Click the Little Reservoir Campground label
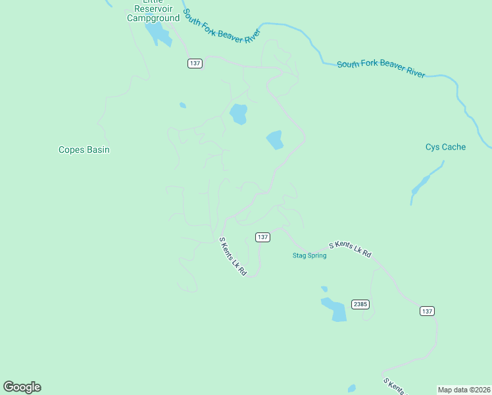153,13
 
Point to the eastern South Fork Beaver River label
381,68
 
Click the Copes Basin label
84,150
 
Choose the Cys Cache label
445,147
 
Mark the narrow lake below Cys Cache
420,185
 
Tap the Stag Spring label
309,255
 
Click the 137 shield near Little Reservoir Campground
194,63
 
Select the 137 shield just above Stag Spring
262,237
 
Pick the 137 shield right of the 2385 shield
428,311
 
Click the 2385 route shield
360,304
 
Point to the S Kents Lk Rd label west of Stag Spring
233,256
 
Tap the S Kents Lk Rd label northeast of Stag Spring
350,250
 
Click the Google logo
22,387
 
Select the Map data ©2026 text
464,390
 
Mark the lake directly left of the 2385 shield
335,309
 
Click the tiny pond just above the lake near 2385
324,288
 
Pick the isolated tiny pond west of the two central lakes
182,105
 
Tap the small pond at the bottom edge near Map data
352,388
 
